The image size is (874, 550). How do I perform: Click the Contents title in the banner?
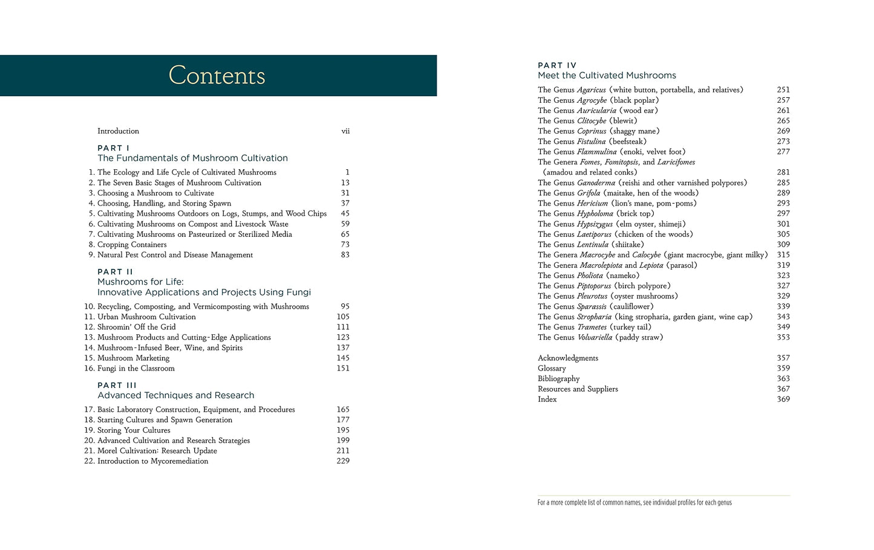tap(217, 76)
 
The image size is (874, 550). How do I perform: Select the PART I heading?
tap(113, 148)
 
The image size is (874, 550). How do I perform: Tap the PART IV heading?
tap(557, 65)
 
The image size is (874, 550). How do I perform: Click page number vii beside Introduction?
tap(345, 131)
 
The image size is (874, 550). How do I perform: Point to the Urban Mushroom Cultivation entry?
tap(146, 317)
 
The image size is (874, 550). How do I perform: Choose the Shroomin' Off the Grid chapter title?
tap(137, 327)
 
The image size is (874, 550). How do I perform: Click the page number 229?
tap(343, 461)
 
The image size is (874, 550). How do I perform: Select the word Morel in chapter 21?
tap(108, 451)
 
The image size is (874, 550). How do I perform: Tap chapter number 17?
tap(89, 410)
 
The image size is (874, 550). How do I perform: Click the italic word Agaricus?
tap(591, 90)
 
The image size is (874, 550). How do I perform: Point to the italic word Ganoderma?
tap(596, 183)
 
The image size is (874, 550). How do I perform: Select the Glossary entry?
tap(552, 369)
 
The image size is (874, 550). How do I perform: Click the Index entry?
tap(547, 400)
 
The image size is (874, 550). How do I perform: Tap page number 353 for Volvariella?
tap(783, 337)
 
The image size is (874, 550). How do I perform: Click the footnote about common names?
tap(634, 503)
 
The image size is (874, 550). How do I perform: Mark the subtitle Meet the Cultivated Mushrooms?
tap(607, 76)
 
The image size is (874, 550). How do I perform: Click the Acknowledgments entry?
tap(567, 358)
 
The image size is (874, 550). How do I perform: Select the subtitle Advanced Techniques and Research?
tap(175, 395)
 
